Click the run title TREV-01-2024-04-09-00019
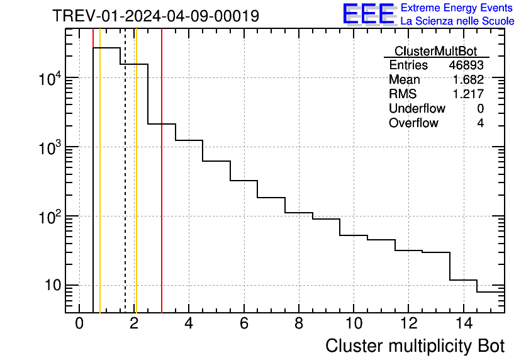pyautogui.click(x=155, y=16)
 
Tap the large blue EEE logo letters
pyautogui.click(x=368, y=14)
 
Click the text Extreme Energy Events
pyautogui.click(x=457, y=8)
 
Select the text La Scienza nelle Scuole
pyautogui.click(x=457, y=21)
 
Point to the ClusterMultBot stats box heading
pyautogui.click(x=435, y=51)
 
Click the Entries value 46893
pyautogui.click(x=466, y=65)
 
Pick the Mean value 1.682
pyautogui.click(x=468, y=80)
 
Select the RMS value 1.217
pyautogui.click(x=468, y=94)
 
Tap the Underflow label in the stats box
pyautogui.click(x=417, y=109)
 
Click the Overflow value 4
pyautogui.click(x=480, y=123)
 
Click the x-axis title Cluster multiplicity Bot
pyautogui.click(x=415, y=346)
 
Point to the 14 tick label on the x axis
pyautogui.click(x=463, y=323)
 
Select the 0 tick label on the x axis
pyautogui.click(x=79, y=323)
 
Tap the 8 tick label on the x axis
pyautogui.click(x=299, y=323)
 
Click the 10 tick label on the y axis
pyautogui.click(x=50, y=285)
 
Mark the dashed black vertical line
pyautogui.click(x=125, y=189)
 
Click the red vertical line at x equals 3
pyautogui.click(x=162, y=189)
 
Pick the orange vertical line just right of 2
pyautogui.click(x=136, y=189)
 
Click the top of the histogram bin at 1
pyautogui.click(x=106, y=48)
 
